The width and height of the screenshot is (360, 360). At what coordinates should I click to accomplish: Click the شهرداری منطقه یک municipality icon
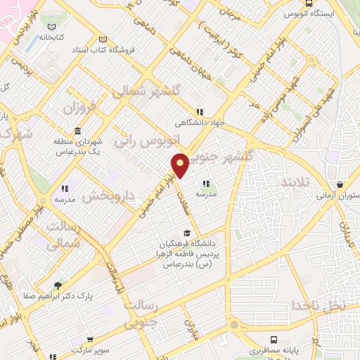(x=76, y=131)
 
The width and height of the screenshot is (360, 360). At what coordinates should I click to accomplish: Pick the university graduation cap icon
(x=186, y=233)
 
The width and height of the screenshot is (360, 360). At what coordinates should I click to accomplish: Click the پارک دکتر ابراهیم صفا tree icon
(x=58, y=285)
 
